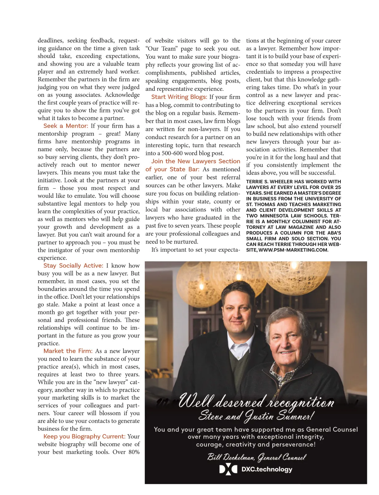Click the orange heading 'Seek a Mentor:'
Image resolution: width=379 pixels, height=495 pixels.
(66, 126)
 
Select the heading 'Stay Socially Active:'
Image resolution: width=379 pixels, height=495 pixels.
(73, 266)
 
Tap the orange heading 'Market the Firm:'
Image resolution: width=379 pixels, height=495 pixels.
(68, 351)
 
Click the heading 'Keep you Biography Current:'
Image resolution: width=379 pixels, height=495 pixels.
(84, 436)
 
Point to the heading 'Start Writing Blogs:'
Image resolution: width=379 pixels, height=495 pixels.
(179, 97)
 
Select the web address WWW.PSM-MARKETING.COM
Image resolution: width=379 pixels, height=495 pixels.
(293, 250)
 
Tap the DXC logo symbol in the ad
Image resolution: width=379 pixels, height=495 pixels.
(228, 469)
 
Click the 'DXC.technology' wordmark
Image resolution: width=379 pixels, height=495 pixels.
(267, 469)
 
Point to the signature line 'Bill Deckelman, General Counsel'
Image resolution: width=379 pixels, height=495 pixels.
(256, 457)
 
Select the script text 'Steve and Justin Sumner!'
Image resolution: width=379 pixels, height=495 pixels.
(256, 416)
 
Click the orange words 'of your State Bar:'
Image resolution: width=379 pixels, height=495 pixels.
(172, 169)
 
